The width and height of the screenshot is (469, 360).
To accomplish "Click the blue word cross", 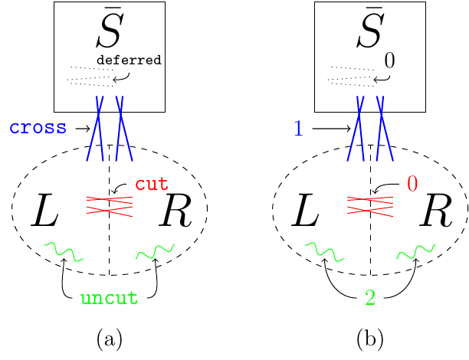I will point(38,128).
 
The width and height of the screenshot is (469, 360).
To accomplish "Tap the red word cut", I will point(152,185).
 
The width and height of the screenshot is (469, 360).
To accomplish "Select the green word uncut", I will point(110,299).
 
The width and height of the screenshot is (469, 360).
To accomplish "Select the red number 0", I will point(412,185).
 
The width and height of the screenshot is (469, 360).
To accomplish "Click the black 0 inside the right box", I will point(389,59).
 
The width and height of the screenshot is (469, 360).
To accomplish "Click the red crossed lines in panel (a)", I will point(109,204).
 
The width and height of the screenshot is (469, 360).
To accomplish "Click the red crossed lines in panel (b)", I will point(371,204).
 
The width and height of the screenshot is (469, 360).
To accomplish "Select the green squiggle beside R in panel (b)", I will point(416,250).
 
